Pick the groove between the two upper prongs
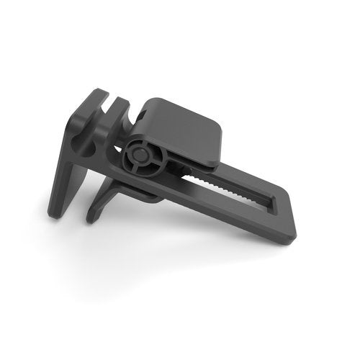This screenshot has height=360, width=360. pos(107,101)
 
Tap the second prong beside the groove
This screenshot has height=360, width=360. pos(119,108)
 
